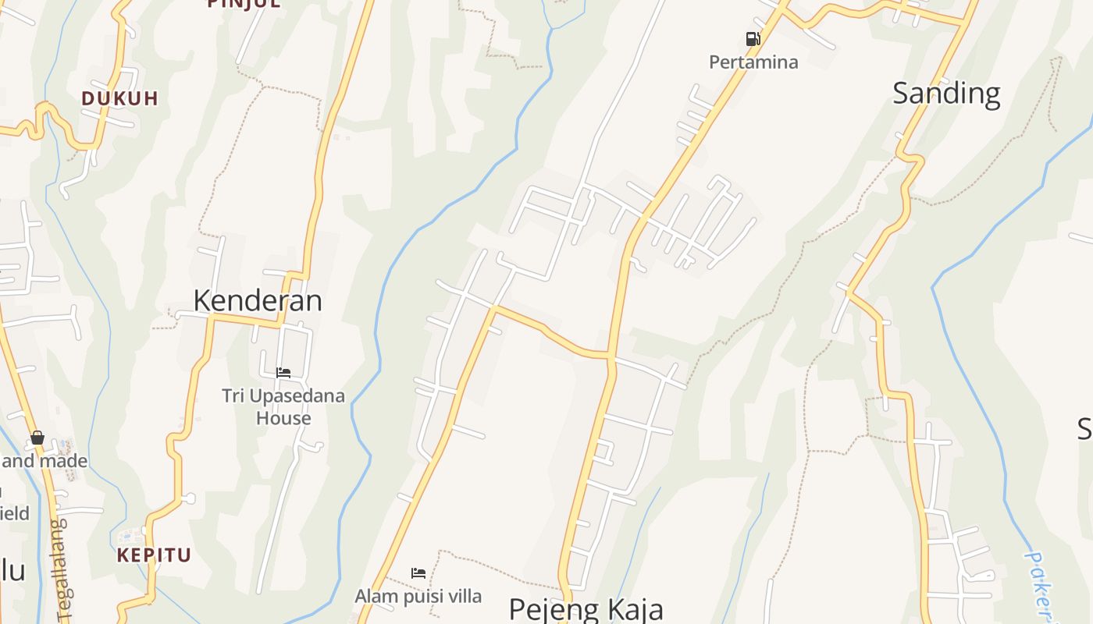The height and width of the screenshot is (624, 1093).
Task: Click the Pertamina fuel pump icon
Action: point(753,39)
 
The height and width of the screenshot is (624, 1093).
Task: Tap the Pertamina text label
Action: point(753,62)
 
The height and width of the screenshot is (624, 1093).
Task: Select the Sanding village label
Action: point(946,94)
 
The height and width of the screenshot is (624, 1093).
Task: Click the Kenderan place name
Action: point(258,300)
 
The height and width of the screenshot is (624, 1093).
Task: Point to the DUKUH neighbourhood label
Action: point(120,98)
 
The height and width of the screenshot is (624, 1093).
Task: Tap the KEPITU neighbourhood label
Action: point(154,555)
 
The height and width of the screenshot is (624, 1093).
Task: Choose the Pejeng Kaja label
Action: point(586,608)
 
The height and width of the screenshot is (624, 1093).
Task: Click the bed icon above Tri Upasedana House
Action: point(283,373)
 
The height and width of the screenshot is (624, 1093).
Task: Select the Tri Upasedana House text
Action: point(283,406)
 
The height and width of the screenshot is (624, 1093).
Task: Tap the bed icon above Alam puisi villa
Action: point(418,573)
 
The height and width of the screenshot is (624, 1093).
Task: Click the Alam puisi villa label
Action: point(418,597)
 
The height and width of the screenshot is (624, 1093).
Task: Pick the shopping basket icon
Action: point(37,438)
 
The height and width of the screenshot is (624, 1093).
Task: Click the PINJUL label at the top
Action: point(243,4)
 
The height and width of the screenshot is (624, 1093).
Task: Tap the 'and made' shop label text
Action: point(45,461)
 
